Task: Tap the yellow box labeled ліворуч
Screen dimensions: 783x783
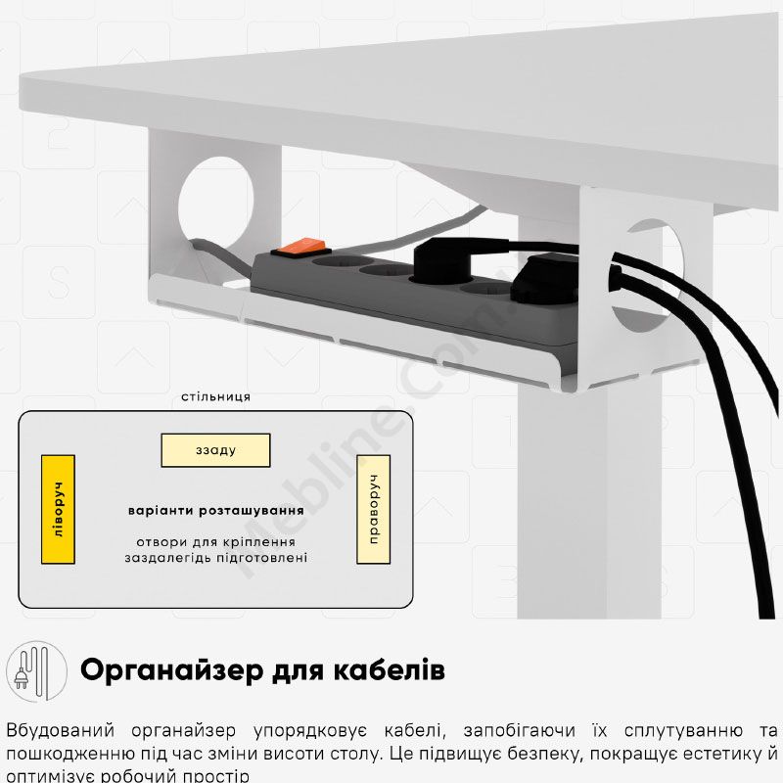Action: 58,509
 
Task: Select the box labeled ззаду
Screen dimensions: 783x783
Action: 215,450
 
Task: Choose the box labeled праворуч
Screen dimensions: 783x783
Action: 374,509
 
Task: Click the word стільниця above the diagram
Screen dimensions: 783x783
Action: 215,397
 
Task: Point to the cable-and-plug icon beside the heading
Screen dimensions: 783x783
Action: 36,671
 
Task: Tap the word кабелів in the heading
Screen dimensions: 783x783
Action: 389,669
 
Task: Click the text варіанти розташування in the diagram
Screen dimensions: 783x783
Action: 215,511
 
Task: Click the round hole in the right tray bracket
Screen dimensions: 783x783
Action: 649,277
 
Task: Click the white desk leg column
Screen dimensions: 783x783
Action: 589,499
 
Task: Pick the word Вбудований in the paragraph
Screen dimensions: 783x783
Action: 61,730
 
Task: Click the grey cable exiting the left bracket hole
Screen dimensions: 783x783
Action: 219,253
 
